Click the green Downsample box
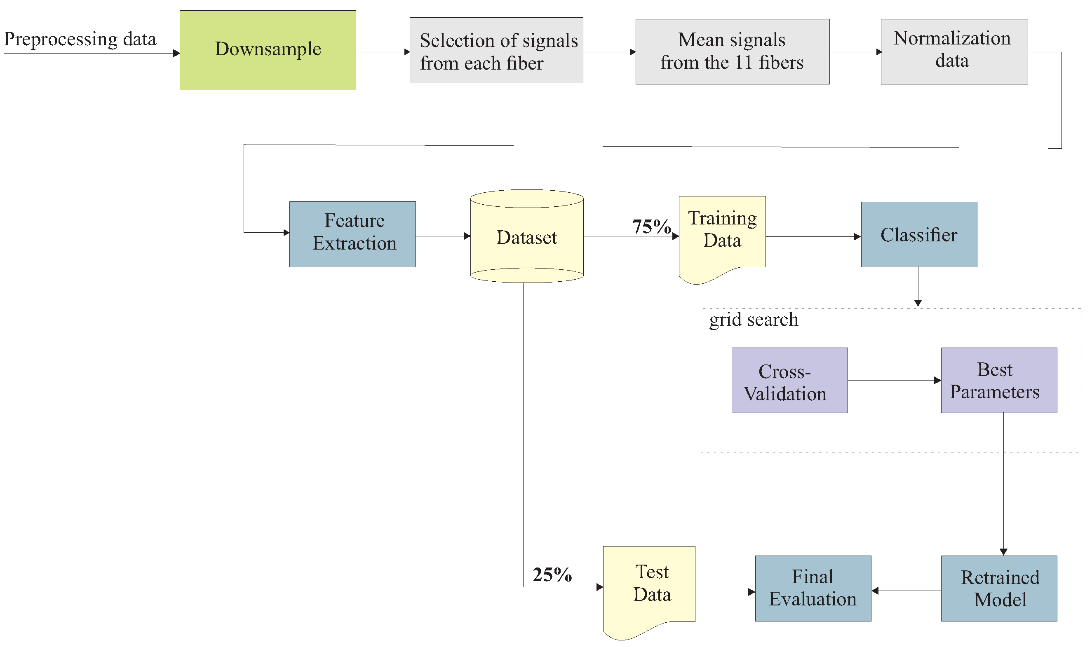point(268,50)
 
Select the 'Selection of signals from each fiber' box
point(496,51)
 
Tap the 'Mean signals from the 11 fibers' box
point(732,51)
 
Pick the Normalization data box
point(954,51)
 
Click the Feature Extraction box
point(352,234)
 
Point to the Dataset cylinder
point(526,238)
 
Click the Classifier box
point(919,235)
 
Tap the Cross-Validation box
point(789,380)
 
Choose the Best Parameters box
point(999,380)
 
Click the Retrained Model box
point(999,588)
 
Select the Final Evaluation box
point(813,588)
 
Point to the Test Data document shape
point(649,584)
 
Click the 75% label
point(651,227)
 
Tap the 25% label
point(552,575)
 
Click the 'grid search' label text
point(754,320)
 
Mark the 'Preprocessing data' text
point(80,39)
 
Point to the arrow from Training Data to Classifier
point(813,237)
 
